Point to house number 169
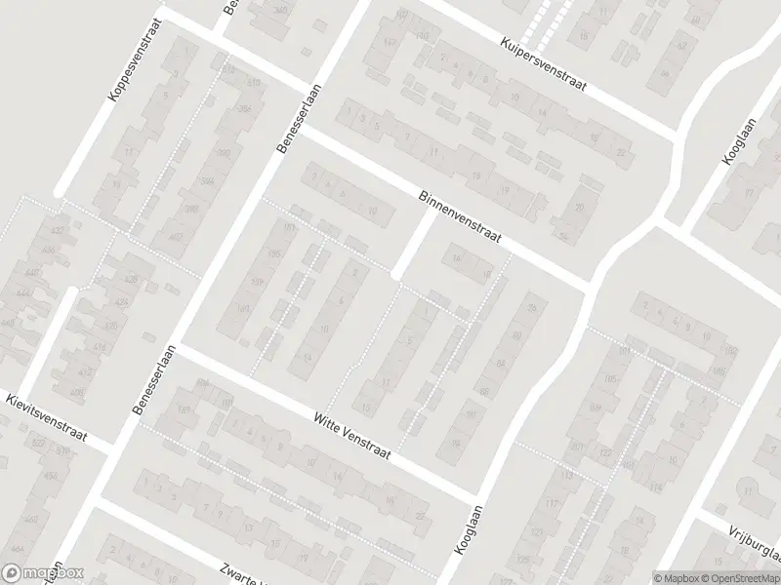click(184, 409)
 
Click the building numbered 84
click(502, 363)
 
